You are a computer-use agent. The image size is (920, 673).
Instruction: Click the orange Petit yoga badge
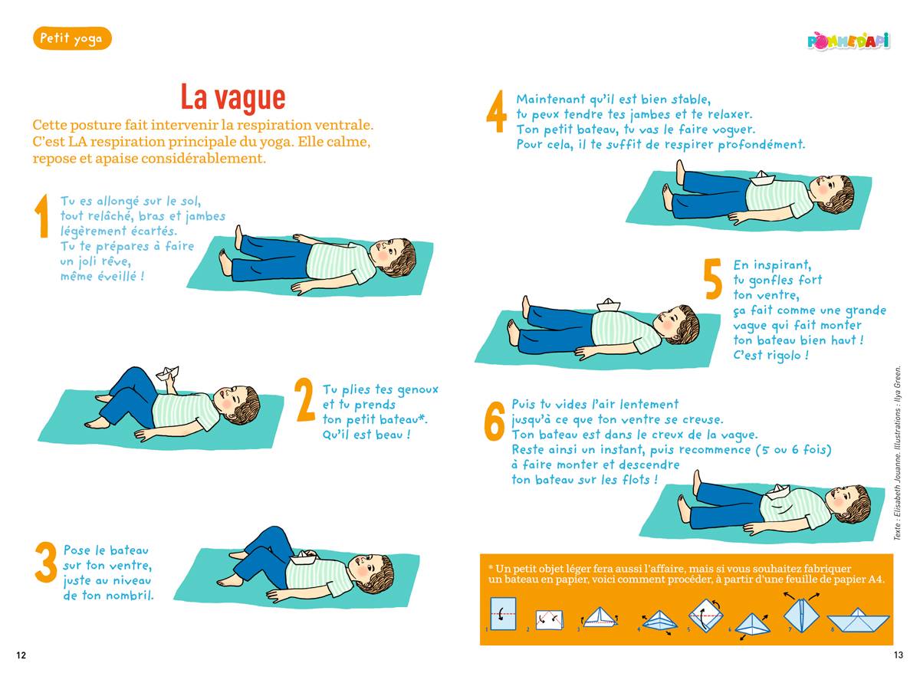pyautogui.click(x=72, y=38)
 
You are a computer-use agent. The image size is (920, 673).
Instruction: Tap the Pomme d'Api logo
pyautogui.click(x=848, y=41)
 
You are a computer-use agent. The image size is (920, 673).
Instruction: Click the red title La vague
pyautogui.click(x=233, y=97)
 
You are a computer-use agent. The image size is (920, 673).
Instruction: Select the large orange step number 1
pyautogui.click(x=42, y=216)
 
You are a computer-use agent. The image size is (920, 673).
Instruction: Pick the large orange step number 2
pyautogui.click(x=305, y=400)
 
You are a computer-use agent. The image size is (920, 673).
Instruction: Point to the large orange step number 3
pyautogui.click(x=45, y=562)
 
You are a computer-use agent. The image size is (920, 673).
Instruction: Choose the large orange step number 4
pyautogui.click(x=496, y=111)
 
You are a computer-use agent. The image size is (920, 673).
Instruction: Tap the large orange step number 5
pyautogui.click(x=712, y=279)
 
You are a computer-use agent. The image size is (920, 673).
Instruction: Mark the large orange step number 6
pyautogui.click(x=494, y=421)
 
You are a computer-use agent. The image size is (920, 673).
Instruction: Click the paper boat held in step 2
pyautogui.click(x=168, y=373)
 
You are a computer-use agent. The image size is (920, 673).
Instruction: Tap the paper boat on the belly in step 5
pyautogui.click(x=608, y=304)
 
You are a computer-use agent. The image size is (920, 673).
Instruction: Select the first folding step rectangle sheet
pyautogui.click(x=503, y=613)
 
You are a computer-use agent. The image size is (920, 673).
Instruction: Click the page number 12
pyautogui.click(x=21, y=655)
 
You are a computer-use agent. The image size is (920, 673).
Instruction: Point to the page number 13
pyautogui.click(x=899, y=655)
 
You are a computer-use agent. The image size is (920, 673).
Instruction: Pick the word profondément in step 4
pyautogui.click(x=761, y=145)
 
